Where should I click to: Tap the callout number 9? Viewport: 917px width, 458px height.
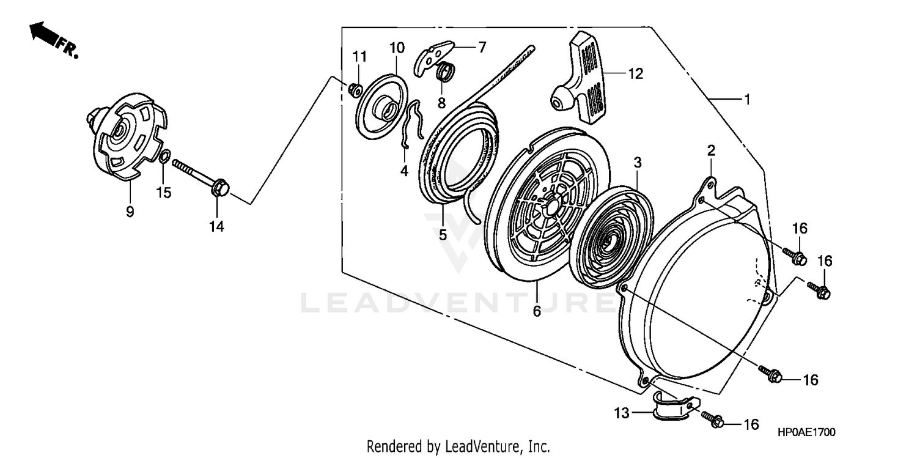click(130, 212)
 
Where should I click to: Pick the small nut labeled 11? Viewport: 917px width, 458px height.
click(354, 90)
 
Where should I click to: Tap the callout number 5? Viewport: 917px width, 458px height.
click(443, 234)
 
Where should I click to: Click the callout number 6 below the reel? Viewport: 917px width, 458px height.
click(537, 311)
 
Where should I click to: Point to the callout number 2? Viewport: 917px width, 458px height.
click(711, 150)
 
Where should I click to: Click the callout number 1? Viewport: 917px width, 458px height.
click(746, 99)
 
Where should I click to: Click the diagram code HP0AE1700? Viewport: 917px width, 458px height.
click(806, 432)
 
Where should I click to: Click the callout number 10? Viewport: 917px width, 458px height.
click(397, 48)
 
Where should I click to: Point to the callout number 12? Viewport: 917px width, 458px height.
click(635, 74)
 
